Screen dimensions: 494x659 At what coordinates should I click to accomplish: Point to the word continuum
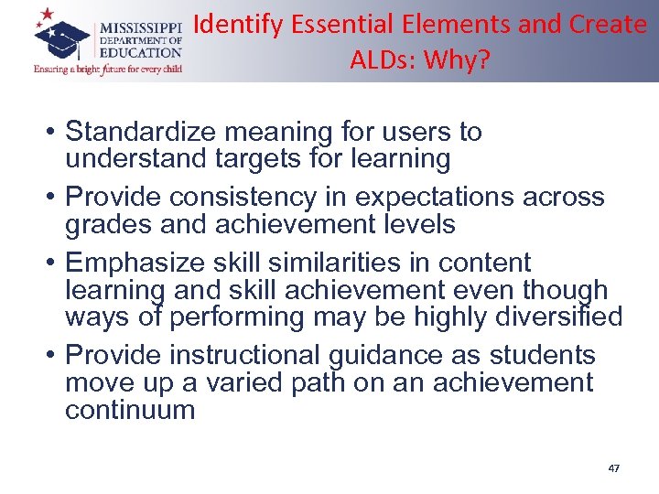point(130,409)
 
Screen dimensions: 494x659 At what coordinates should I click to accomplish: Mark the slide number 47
point(613,468)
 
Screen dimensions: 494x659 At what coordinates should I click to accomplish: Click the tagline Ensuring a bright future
point(108,69)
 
